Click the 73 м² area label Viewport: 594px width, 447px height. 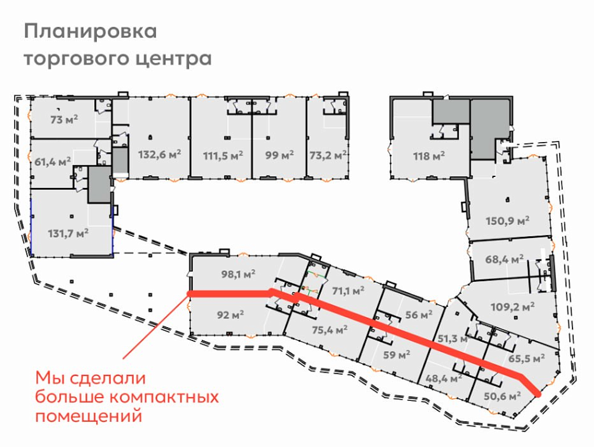point(64,119)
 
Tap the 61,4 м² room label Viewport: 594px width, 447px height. point(52,162)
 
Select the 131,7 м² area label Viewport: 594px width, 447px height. point(68,233)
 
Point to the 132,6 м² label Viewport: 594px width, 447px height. point(160,154)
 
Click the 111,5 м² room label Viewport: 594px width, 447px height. point(222,155)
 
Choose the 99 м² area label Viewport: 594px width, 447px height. point(280,155)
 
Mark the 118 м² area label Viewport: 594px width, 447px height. point(429,155)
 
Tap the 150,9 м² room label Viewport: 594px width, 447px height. point(508,220)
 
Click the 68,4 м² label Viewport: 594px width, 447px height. point(504,260)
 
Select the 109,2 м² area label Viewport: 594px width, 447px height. point(512,306)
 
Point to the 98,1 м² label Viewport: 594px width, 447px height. point(238,274)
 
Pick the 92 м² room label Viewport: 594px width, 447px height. point(231,314)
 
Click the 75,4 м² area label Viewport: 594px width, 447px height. point(330,329)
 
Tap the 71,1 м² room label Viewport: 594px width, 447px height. point(348,291)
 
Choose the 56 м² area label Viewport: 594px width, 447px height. point(419,314)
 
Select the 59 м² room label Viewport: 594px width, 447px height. point(397,355)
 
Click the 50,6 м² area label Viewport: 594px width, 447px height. point(503,396)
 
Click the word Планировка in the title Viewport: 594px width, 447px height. point(90,31)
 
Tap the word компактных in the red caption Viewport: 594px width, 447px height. point(164,398)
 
